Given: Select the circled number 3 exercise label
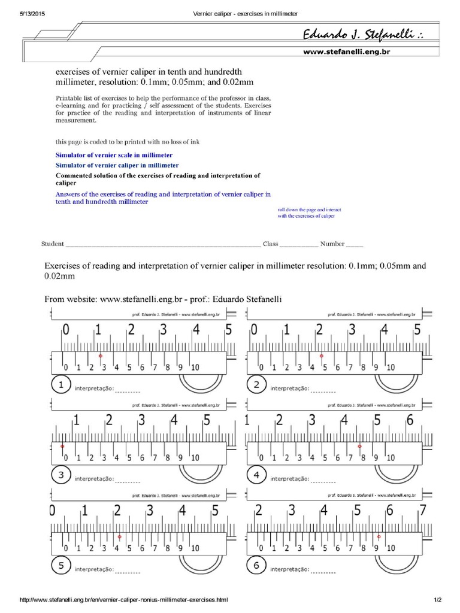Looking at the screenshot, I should click(x=61, y=477).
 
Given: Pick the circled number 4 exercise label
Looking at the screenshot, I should click(x=256, y=477).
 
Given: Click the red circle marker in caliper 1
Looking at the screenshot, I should click(x=100, y=356).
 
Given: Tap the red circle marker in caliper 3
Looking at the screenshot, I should click(x=62, y=447).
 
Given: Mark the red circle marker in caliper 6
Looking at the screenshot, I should click(x=379, y=536).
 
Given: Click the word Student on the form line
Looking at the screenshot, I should click(x=52, y=244).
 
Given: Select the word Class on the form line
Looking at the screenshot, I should click(x=271, y=244).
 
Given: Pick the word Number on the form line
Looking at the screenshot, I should click(x=332, y=244).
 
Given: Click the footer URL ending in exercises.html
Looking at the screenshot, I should click(x=124, y=599).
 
